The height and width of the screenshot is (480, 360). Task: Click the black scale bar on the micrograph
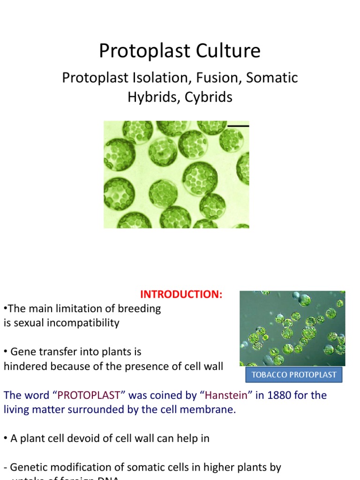(x=238, y=126)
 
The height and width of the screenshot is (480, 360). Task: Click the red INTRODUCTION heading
(x=181, y=294)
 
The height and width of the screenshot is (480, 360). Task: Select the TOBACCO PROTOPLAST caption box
(x=294, y=375)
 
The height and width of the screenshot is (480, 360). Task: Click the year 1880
(x=279, y=395)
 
